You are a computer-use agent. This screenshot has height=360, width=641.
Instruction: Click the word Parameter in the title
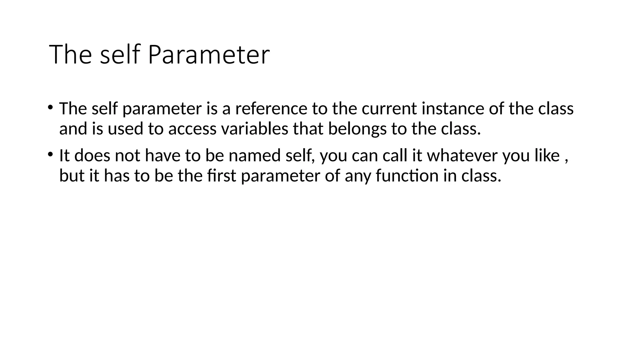click(x=208, y=55)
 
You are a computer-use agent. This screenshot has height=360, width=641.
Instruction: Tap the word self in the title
click(x=119, y=55)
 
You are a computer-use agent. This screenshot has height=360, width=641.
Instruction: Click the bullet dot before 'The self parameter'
click(x=50, y=107)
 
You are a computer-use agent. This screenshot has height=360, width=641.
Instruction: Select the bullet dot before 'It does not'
click(x=50, y=154)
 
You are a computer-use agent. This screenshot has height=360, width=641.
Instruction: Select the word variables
click(x=254, y=129)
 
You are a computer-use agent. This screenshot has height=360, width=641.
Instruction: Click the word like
click(x=547, y=156)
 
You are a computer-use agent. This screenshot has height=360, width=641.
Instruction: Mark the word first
click(x=221, y=176)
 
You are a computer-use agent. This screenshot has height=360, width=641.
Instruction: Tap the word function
click(x=407, y=176)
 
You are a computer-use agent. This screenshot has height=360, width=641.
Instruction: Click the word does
click(x=92, y=156)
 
